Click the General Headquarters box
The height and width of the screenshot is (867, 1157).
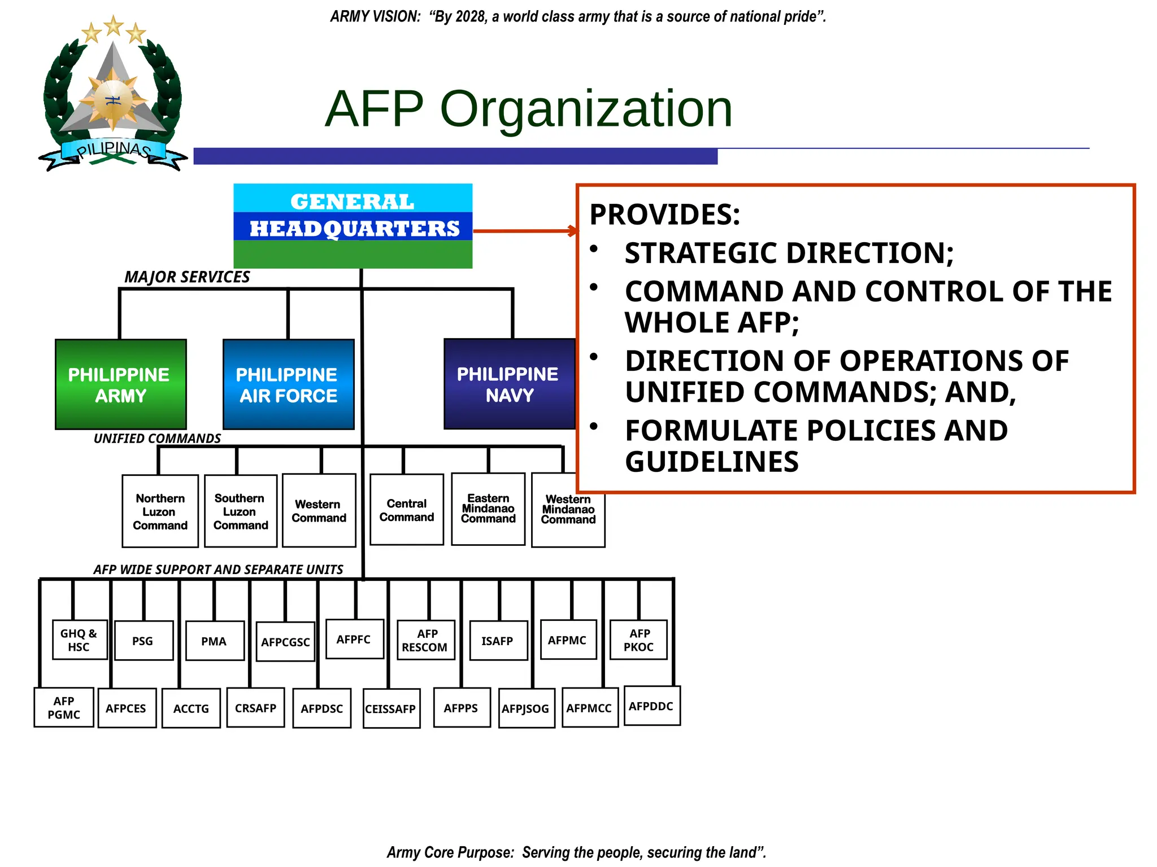pyautogui.click(x=353, y=225)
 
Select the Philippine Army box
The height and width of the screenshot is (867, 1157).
pyautogui.click(x=120, y=384)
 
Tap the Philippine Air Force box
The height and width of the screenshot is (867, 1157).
pyautogui.click(x=288, y=384)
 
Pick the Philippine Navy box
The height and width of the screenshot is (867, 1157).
pyautogui.click(x=508, y=384)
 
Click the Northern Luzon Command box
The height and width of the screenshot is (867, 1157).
pyautogui.click(x=160, y=511)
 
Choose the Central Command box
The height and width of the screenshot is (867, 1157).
pyautogui.click(x=406, y=510)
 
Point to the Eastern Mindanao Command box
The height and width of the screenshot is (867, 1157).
pyautogui.click(x=488, y=509)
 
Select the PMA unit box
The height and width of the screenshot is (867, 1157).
pyautogui.click(x=214, y=641)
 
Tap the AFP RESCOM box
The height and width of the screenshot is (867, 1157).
pyautogui.click(x=425, y=640)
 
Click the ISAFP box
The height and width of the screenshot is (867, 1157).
pyautogui.click(x=498, y=641)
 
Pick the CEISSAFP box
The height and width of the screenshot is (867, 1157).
pyautogui.click(x=391, y=708)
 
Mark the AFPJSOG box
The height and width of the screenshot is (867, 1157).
pyautogui.click(x=526, y=708)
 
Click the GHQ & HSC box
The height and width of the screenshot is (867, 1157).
pyautogui.click(x=79, y=640)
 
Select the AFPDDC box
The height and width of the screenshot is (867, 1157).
pyautogui.click(x=651, y=706)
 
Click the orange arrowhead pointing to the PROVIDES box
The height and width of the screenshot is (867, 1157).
pyautogui.click(x=573, y=230)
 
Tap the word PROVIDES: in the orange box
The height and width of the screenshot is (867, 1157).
pyautogui.click(x=664, y=214)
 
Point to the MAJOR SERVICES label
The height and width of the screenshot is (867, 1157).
pyautogui.click(x=187, y=277)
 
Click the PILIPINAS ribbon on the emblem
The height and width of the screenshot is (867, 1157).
pyautogui.click(x=113, y=150)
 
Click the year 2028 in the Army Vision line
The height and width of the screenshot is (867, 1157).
pyautogui.click(x=471, y=16)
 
